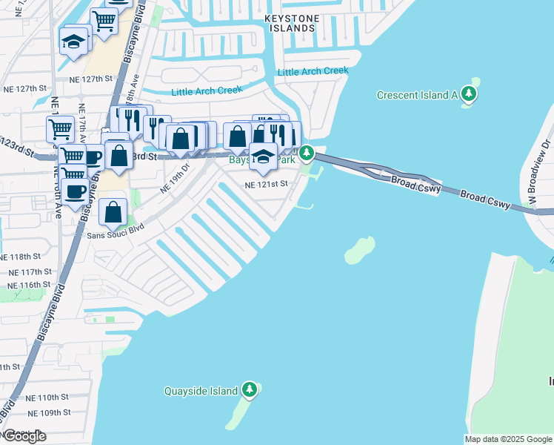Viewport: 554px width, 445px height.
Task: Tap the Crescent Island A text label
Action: coord(417,95)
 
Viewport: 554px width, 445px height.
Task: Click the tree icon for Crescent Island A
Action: coord(468,94)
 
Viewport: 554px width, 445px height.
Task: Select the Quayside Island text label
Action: coord(201,391)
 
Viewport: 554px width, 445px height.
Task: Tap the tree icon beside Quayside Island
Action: coord(250,390)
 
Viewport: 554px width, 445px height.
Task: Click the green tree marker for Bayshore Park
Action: coord(306,154)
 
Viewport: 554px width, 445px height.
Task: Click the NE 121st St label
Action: coord(266,184)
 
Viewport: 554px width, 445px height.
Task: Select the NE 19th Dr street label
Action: coord(176,179)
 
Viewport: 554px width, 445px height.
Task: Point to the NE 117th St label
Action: coord(29,272)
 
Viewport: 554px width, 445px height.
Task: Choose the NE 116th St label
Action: coord(29,285)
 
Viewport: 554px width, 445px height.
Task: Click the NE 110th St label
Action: coord(47,398)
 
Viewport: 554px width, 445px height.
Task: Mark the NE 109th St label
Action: coord(48,412)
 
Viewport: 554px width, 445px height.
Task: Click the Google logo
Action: coord(24,436)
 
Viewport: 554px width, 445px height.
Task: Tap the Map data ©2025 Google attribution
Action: coord(507,439)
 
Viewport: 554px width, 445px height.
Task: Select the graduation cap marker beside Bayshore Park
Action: coord(263,156)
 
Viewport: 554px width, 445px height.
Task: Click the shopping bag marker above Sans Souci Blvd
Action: coord(113,213)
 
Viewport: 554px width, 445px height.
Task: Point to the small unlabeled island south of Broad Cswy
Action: coord(360,250)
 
